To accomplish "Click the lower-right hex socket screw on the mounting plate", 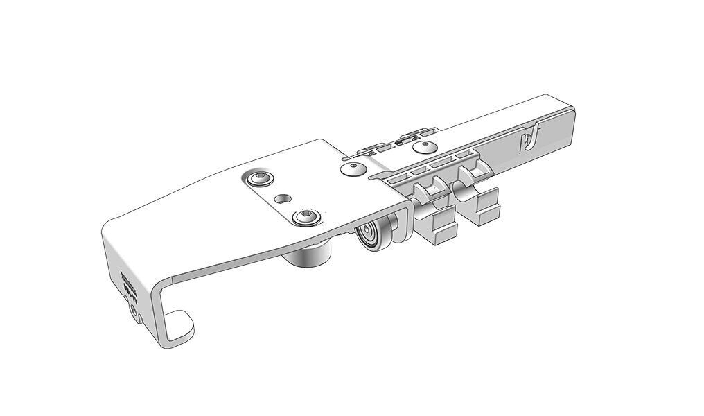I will tap(305, 218).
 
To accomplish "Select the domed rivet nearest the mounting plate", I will tap(353, 169).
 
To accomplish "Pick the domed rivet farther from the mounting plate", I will tap(423, 146).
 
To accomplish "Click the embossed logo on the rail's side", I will tap(530, 138).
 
